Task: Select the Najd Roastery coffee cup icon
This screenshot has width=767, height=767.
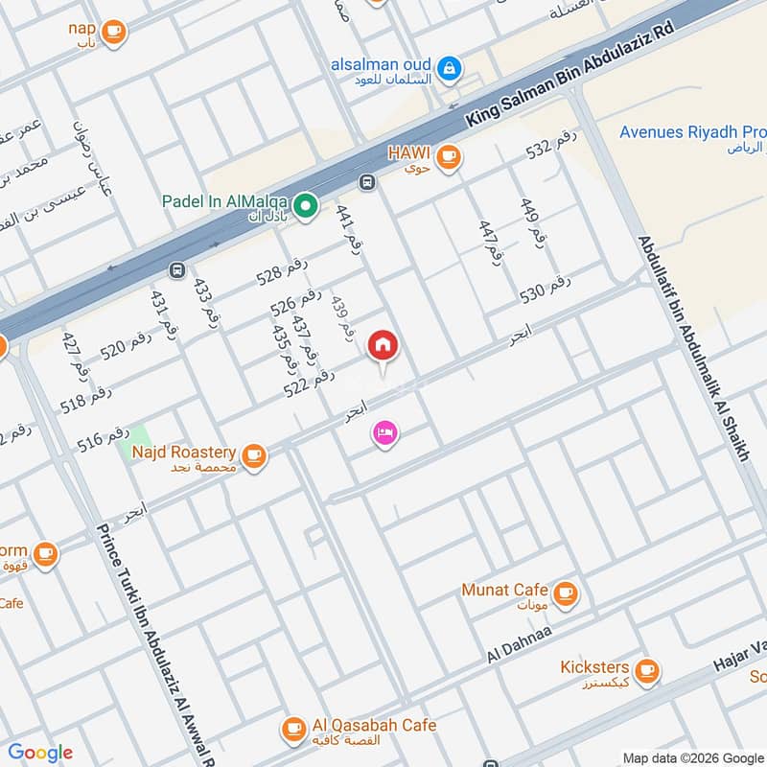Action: tap(254, 455)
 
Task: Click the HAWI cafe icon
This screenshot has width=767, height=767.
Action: tap(448, 157)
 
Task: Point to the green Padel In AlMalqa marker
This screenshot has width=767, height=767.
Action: tap(306, 204)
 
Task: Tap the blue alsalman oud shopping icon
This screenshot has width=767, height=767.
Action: tap(448, 68)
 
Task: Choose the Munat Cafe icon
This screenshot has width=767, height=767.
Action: tap(566, 592)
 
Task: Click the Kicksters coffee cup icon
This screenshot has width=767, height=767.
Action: tap(648, 669)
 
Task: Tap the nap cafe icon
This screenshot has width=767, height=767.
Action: tap(114, 32)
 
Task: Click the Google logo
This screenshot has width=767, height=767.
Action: tap(40, 753)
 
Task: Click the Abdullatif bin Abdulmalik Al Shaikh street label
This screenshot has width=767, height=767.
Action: tap(690, 349)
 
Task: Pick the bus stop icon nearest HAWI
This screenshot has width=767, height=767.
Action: tap(365, 182)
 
